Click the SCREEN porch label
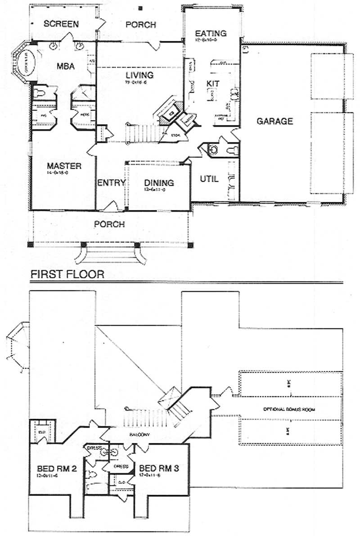point(61,24)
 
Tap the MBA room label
point(65,67)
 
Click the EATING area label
point(210,33)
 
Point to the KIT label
point(212,83)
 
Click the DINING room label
point(159,183)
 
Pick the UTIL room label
point(209,179)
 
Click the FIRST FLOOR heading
point(67,274)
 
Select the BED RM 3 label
point(159,468)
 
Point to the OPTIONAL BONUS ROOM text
point(289,410)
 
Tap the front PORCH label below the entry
point(109,224)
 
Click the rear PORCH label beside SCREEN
point(140,24)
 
